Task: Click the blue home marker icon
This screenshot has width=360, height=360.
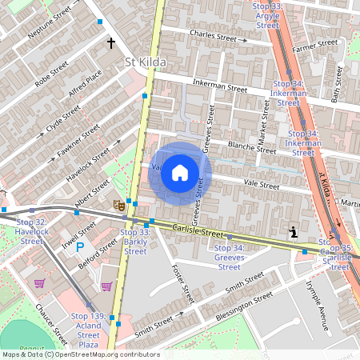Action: tap(180, 174)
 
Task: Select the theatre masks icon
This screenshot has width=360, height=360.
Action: tap(118, 205)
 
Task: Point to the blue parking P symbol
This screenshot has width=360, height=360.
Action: tap(79, 248)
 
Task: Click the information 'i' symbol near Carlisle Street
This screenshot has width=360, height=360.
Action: tap(294, 232)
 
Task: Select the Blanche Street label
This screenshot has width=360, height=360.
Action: tap(252, 146)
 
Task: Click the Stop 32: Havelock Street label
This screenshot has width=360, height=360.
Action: tap(32, 231)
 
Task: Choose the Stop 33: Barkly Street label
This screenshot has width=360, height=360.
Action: tap(135, 242)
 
